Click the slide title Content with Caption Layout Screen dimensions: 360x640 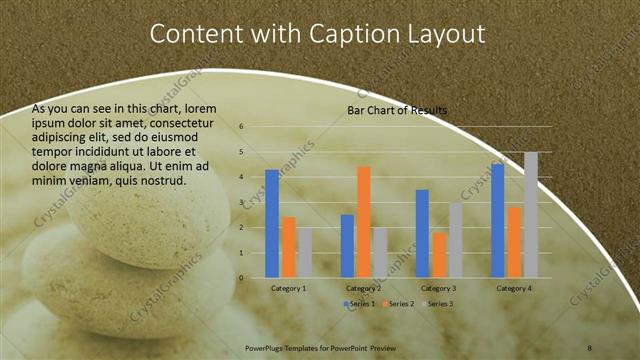(317, 33)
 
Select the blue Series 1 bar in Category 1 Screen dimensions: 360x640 (272, 223)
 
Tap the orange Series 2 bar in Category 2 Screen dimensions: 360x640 (363, 222)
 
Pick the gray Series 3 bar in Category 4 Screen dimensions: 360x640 (531, 215)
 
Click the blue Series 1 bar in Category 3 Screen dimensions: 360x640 (422, 233)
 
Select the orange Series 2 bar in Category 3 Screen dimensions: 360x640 (439, 255)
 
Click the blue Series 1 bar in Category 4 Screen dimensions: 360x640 (497, 220)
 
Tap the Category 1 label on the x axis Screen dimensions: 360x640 (288, 288)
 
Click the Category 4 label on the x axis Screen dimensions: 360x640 (514, 288)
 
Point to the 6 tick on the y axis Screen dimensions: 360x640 (242, 127)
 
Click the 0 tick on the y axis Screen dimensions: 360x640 (242, 277)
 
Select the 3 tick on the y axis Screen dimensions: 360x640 (242, 202)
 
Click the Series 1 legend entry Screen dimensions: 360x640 (359, 303)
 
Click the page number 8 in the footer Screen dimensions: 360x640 (589, 345)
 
